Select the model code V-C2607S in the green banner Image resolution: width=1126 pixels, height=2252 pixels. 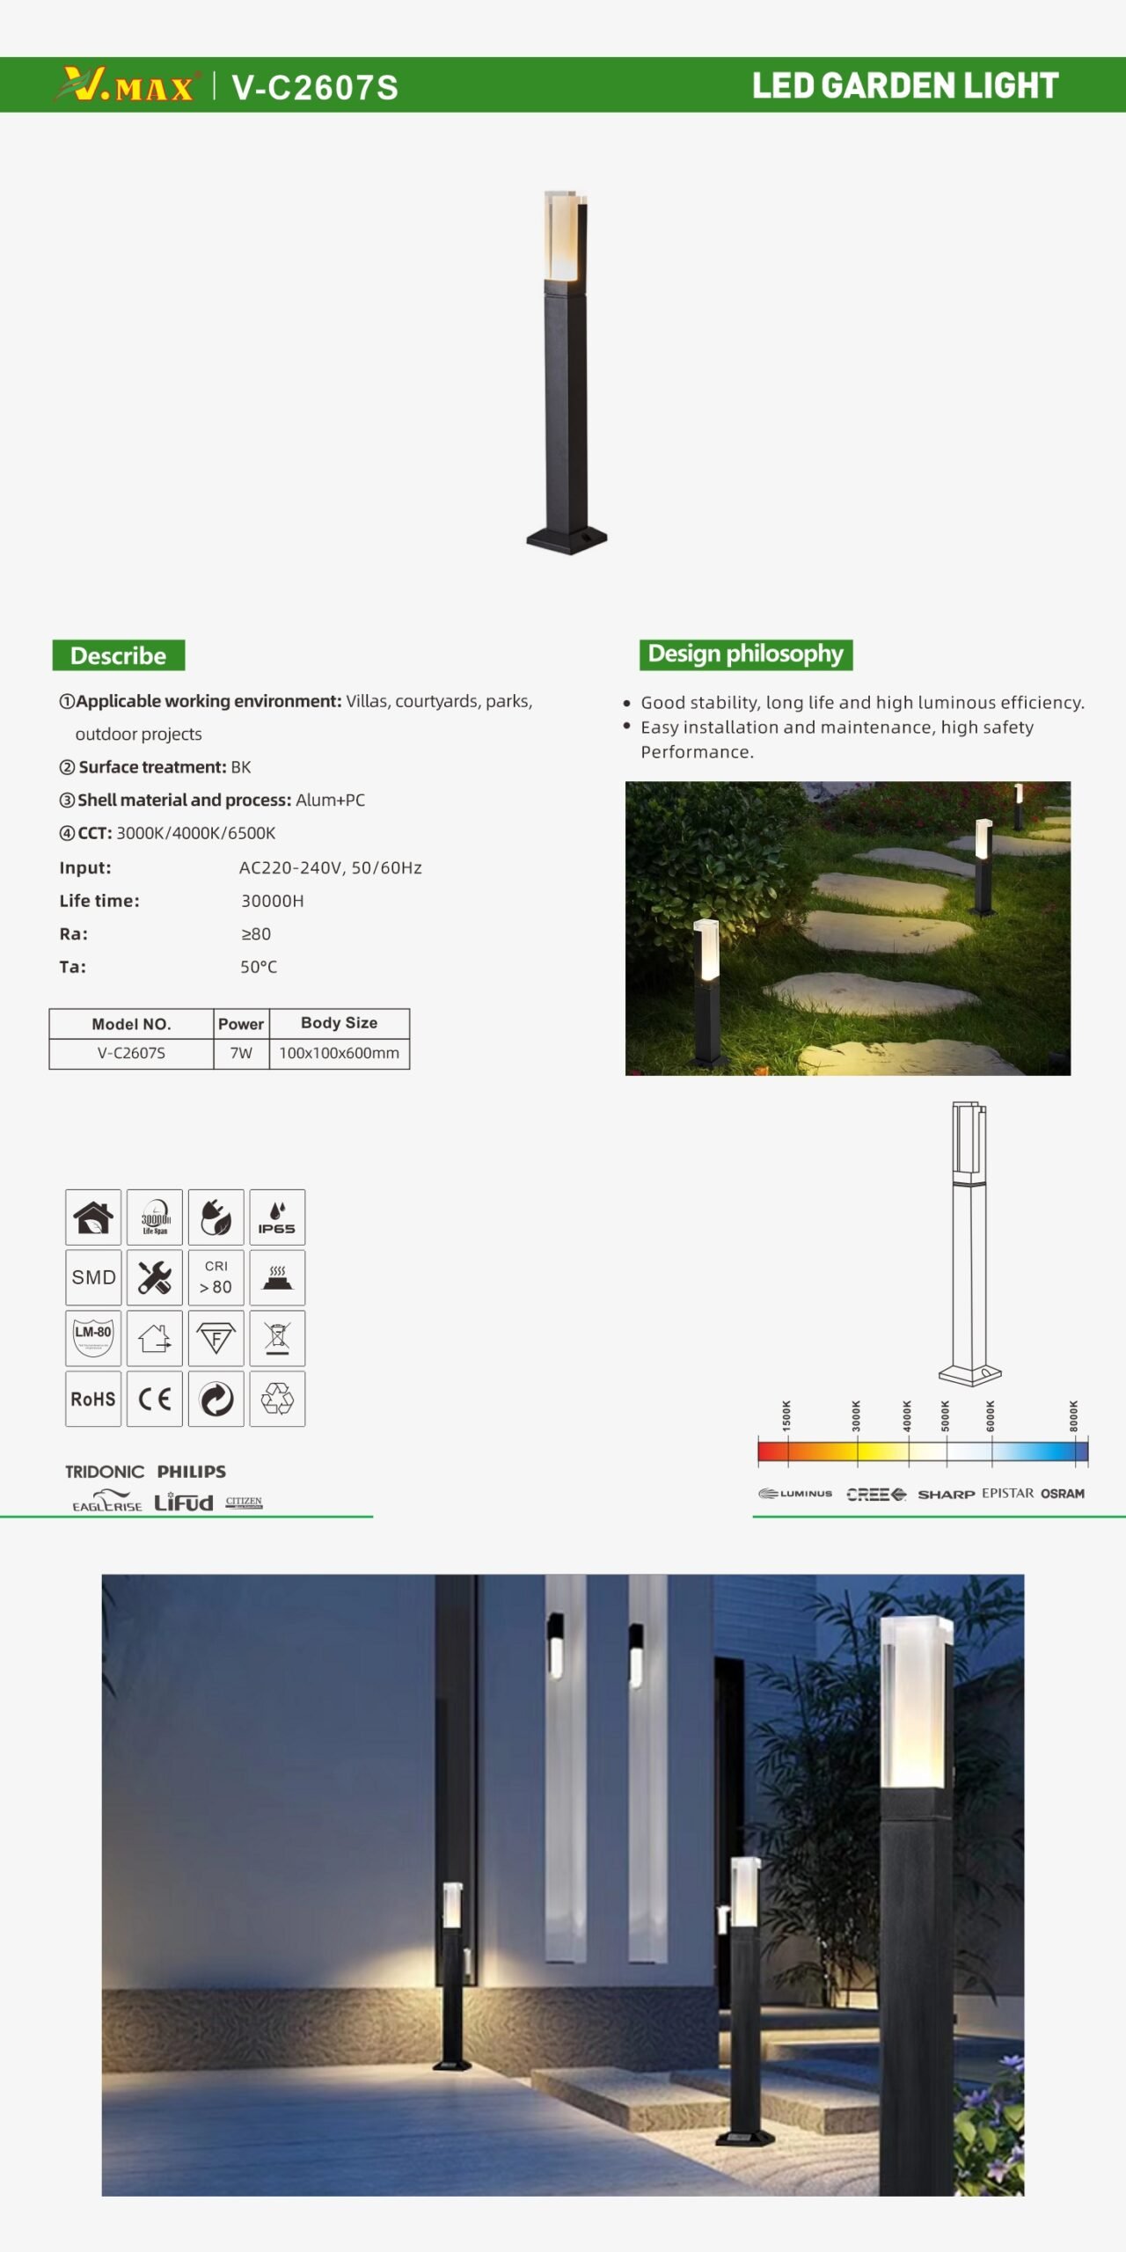pyautogui.click(x=315, y=87)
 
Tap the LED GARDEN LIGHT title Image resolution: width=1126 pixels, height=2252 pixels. pyautogui.click(x=904, y=85)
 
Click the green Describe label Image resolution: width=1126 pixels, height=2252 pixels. pyautogui.click(x=118, y=655)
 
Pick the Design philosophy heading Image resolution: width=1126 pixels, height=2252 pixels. pyautogui.click(x=745, y=654)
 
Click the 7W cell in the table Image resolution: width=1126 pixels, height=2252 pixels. pyautogui.click(x=241, y=1053)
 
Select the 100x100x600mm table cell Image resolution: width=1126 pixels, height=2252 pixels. pyautogui.click(x=339, y=1053)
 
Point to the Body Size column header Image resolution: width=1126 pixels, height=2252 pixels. pyautogui.click(x=339, y=1023)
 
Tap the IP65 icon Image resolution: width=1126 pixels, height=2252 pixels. pyautogui.click(x=277, y=1217)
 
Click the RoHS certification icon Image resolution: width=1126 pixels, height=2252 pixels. pyautogui.click(x=93, y=1399)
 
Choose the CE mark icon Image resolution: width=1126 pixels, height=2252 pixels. pyautogui.click(x=155, y=1399)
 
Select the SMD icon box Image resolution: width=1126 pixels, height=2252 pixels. pyautogui.click(x=93, y=1277)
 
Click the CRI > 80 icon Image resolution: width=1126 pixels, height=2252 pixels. pyautogui.click(x=216, y=1277)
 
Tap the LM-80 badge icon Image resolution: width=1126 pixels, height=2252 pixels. pyautogui.click(x=93, y=1338)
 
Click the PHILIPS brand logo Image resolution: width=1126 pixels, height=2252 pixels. pyautogui.click(x=192, y=1472)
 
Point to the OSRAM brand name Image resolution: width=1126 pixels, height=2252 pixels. pyautogui.click(x=1063, y=1494)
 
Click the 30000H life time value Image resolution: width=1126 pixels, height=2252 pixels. pyautogui.click(x=273, y=901)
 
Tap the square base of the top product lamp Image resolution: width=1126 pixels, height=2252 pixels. pyautogui.click(x=567, y=539)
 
